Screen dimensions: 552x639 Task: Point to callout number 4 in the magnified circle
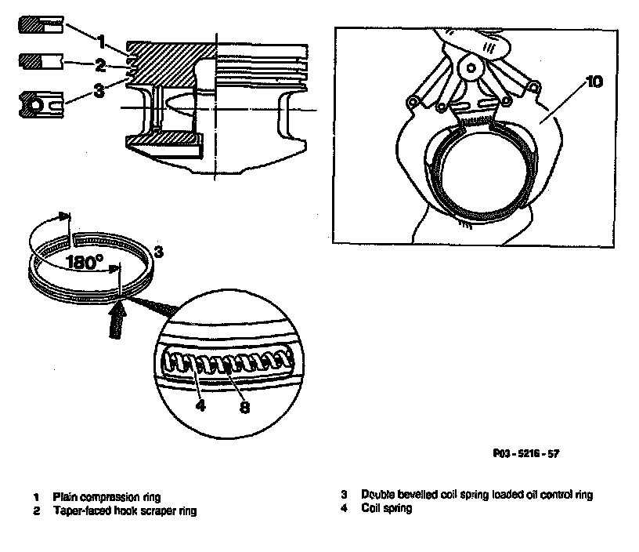pyautogui.click(x=201, y=406)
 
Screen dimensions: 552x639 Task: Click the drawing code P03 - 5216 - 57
pyautogui.click(x=526, y=453)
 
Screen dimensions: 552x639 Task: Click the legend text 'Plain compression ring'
pyautogui.click(x=103, y=497)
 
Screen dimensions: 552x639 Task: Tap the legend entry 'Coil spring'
pyautogui.click(x=386, y=508)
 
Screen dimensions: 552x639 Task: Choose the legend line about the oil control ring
pyautogui.click(x=476, y=495)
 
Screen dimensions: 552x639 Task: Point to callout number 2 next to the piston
pyautogui.click(x=99, y=64)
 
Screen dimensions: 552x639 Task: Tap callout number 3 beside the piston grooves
pyautogui.click(x=98, y=90)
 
